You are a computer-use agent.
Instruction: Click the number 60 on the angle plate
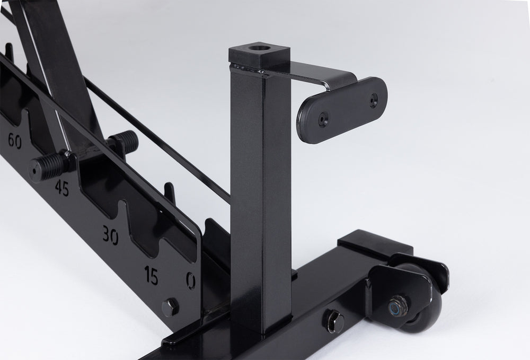click(14, 141)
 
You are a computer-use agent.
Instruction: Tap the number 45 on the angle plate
click(62, 188)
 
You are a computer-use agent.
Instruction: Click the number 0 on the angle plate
click(191, 280)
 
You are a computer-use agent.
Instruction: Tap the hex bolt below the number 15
click(170, 308)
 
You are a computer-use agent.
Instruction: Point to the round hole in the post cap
click(259, 47)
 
